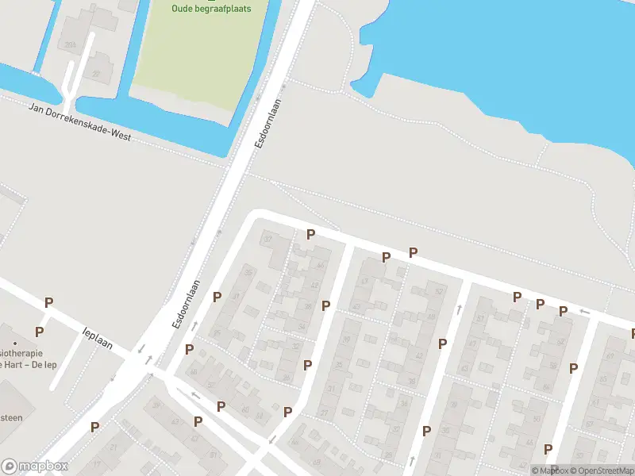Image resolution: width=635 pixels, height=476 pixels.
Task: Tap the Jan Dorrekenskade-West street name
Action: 79,124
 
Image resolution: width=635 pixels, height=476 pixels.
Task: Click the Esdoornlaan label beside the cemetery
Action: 267,126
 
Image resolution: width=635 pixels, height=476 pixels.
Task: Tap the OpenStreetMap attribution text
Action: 602,470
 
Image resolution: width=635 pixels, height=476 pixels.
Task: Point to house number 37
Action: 267,240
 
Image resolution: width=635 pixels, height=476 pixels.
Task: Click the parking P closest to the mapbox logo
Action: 94,427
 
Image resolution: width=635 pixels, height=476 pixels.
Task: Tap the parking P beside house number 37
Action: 311,234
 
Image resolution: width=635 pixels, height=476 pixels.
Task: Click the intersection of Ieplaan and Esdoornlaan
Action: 148,357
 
